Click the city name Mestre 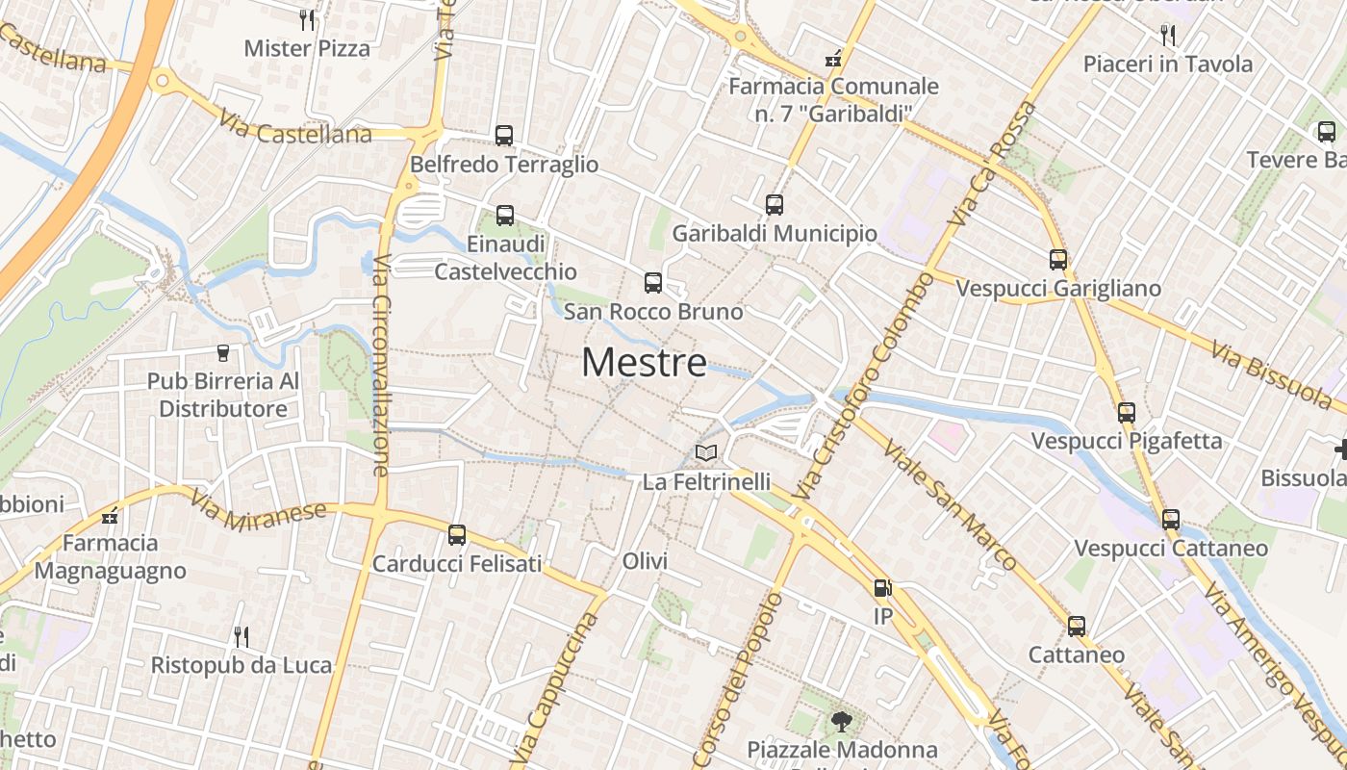[644, 363]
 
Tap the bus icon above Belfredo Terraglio [504, 136]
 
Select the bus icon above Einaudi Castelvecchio [505, 216]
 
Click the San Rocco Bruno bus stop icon [653, 283]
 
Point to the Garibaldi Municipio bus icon [775, 205]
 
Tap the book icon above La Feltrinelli [706, 452]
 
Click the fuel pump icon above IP [882, 588]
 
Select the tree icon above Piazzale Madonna [842, 721]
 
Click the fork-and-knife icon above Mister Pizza [307, 19]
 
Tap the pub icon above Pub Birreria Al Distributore [223, 353]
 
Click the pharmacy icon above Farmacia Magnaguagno [110, 515]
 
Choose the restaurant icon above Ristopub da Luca [241, 636]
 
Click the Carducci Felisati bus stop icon [457, 535]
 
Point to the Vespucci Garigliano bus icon [1058, 260]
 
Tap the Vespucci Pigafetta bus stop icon [1127, 413]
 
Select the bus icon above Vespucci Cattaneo [1171, 520]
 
